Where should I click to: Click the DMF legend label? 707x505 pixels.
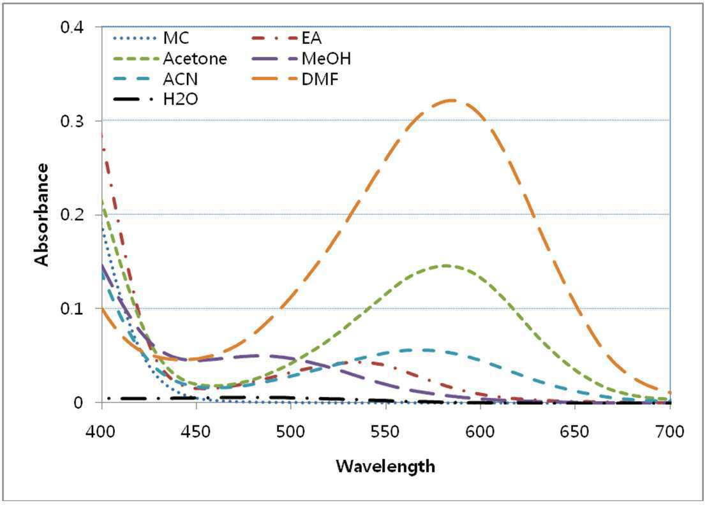coord(320,79)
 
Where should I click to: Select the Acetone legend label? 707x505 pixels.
coord(195,59)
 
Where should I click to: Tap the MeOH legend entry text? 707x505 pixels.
coord(326,59)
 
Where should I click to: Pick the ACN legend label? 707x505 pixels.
coord(181,79)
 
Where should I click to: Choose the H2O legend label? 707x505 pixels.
coord(181,99)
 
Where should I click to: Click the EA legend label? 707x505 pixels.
coord(311,38)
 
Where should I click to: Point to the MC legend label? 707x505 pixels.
coord(176,38)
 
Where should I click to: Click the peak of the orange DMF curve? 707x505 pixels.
coord(451,100)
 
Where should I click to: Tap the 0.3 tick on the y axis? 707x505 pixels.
coord(72,121)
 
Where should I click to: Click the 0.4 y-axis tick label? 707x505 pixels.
coord(72,27)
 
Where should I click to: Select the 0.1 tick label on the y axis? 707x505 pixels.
coord(72,309)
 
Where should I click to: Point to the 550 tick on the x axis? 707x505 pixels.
coord(385,432)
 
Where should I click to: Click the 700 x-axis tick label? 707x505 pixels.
coord(670,432)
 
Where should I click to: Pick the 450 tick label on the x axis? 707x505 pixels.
coord(196,432)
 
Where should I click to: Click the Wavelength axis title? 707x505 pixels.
coord(385,466)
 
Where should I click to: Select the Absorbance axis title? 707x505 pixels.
coord(41,214)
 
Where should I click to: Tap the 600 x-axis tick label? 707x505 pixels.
coord(480,432)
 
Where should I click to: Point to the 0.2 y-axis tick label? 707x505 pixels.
coord(72,215)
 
